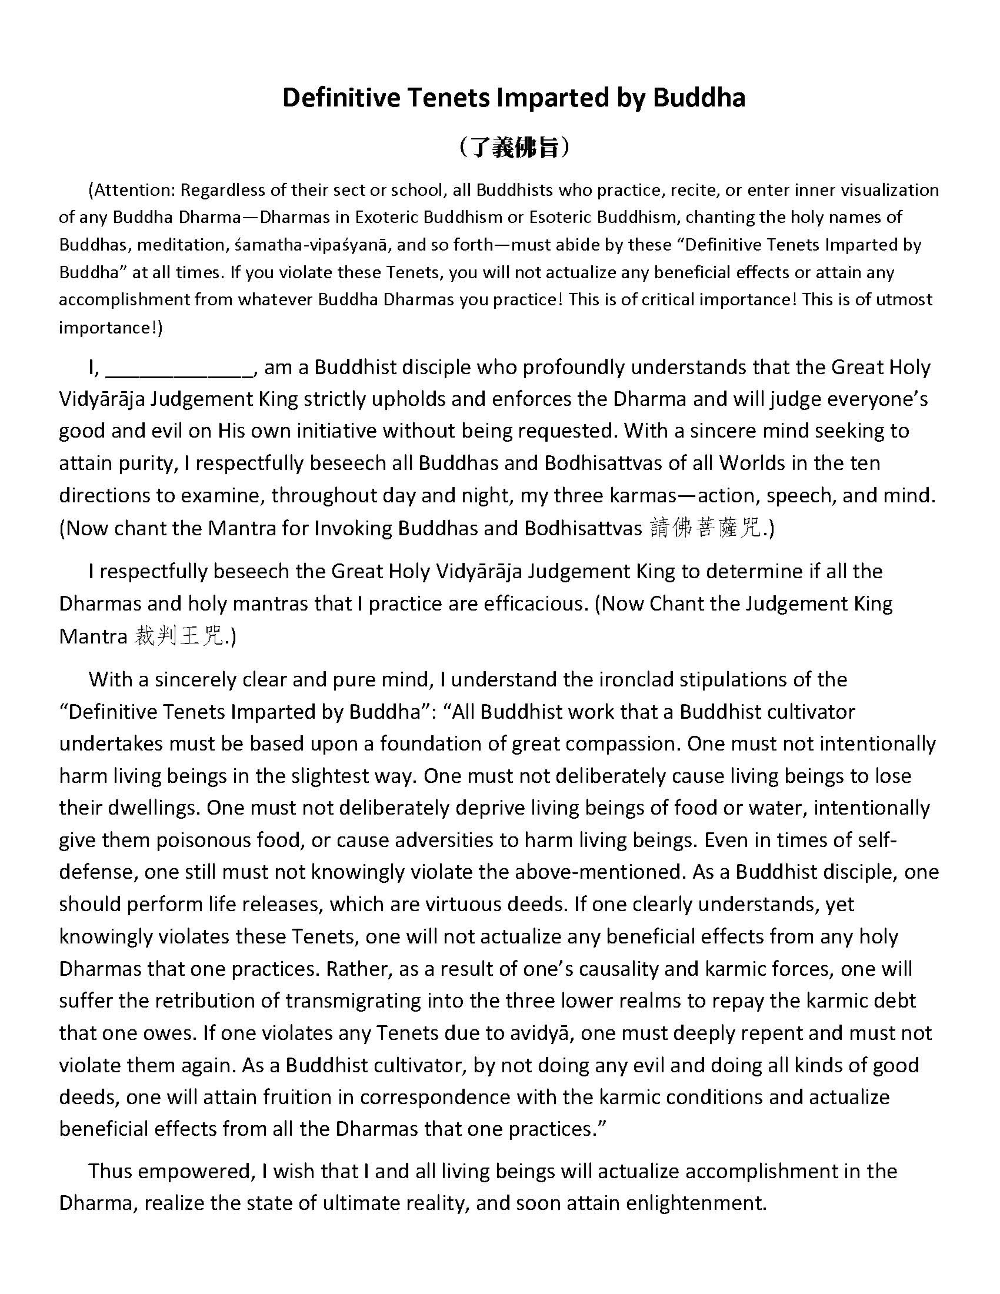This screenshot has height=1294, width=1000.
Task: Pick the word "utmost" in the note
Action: [x=902, y=299]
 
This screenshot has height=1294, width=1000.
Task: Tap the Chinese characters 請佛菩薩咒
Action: [x=705, y=528]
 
